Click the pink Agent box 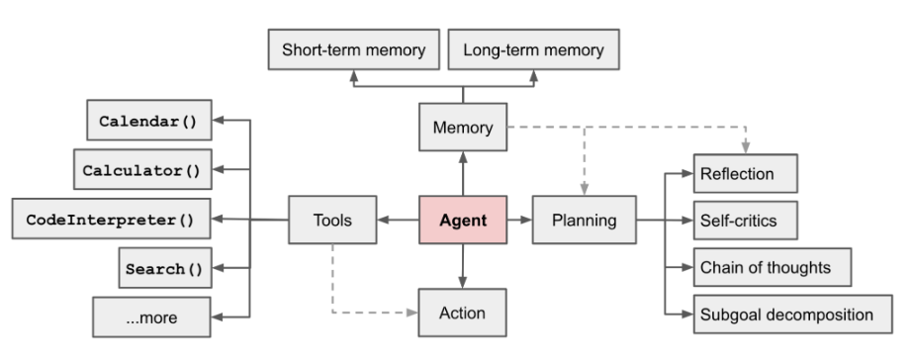pyautogui.click(x=463, y=220)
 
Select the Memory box pyautogui.click(x=462, y=128)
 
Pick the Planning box pyautogui.click(x=584, y=220)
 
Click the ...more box pyautogui.click(x=151, y=317)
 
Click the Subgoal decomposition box pyautogui.click(x=786, y=315)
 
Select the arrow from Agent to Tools pyautogui.click(x=401, y=220)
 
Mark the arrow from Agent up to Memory pyautogui.click(x=462, y=173)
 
